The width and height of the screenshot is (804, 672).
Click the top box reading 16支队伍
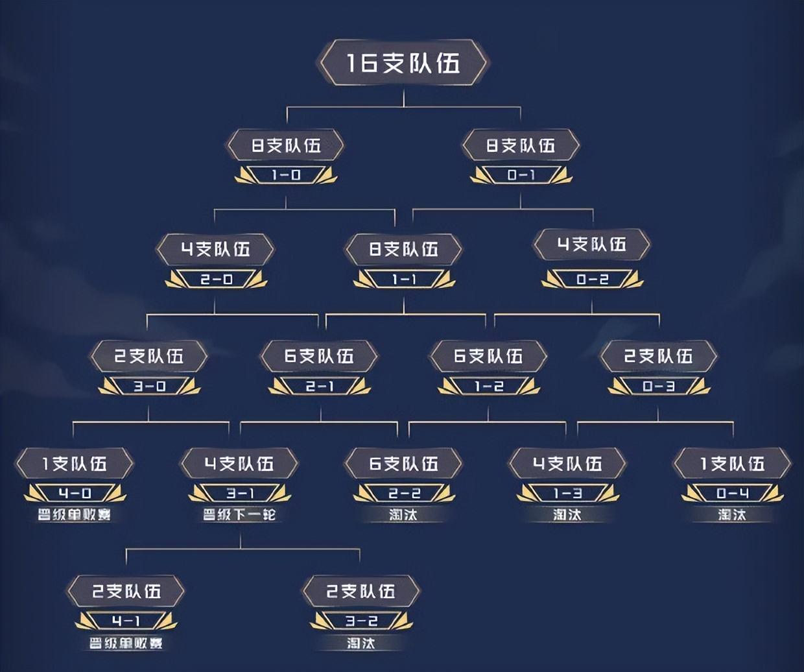[x=403, y=63]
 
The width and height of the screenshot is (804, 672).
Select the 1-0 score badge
[x=286, y=174]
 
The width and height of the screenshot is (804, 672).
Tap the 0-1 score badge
[x=521, y=174]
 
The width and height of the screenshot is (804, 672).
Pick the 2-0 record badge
[x=216, y=279]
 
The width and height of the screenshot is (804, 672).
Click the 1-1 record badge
[x=404, y=279]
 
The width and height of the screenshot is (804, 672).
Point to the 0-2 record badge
[x=592, y=279]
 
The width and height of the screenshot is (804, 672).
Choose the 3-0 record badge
[x=149, y=386]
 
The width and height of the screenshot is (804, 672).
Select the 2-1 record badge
[x=319, y=386]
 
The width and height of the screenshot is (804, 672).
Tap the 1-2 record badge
[x=489, y=386]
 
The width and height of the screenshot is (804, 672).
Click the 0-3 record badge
[x=659, y=386]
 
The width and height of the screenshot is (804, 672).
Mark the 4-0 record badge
[x=75, y=494]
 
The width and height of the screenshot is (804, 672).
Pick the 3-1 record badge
[x=239, y=494]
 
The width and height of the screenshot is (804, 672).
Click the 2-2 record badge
[x=404, y=494]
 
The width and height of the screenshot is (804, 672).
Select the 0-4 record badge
[x=732, y=494]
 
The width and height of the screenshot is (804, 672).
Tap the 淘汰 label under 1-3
[x=567, y=515]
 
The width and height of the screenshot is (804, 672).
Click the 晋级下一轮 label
[x=239, y=515]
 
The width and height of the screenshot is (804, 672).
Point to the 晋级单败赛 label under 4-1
[x=126, y=643]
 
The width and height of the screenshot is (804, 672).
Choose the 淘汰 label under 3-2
[x=361, y=643]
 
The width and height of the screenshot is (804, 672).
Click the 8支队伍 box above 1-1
[x=404, y=249]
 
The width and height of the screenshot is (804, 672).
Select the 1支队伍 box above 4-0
[x=75, y=464]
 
